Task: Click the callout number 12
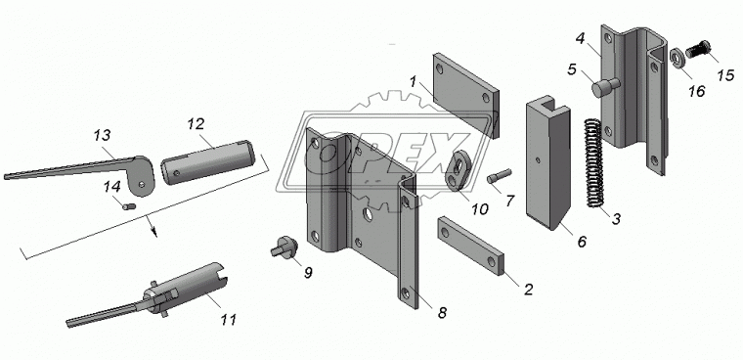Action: [196, 124]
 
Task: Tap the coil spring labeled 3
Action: [592, 162]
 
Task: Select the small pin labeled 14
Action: [129, 205]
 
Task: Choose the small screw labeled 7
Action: [498, 176]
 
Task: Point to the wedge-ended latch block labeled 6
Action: [547, 163]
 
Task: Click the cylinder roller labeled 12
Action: [208, 161]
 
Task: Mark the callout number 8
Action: [442, 313]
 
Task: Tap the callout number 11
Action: [228, 319]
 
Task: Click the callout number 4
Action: [581, 38]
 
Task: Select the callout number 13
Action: [102, 135]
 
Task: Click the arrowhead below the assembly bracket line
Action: [153, 232]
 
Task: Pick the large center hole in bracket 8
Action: [369, 215]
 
